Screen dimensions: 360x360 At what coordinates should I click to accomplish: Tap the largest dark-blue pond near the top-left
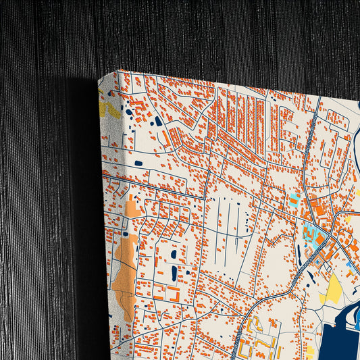click(159, 122)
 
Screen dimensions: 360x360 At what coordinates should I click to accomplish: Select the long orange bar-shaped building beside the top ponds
click(164, 137)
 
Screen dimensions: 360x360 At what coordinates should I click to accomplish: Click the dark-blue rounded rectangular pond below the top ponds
click(138, 163)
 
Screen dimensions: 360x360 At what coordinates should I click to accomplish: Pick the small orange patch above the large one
click(134, 208)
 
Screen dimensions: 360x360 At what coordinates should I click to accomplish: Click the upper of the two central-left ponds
click(174, 255)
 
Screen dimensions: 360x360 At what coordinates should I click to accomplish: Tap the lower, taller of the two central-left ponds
click(174, 274)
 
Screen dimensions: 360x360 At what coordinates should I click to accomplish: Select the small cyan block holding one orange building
click(295, 199)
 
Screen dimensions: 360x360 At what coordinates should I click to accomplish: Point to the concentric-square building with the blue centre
click(318, 209)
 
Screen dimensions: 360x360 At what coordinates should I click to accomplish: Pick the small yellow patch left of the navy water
click(310, 351)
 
